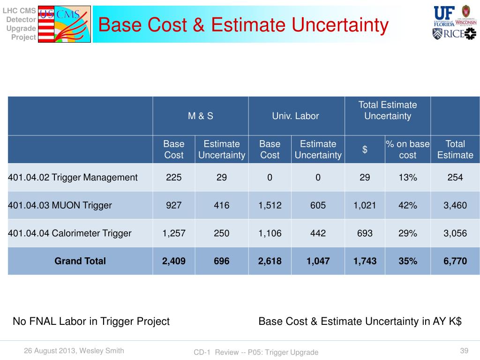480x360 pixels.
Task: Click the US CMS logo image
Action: coord(64,24)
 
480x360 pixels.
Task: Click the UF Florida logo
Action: coord(444,16)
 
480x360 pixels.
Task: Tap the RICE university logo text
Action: coord(454,34)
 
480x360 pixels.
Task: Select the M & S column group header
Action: coord(201,116)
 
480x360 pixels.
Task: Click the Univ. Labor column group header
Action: coord(295,116)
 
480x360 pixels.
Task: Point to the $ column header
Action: coord(365,150)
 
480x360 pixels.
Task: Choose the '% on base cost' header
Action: coord(407,150)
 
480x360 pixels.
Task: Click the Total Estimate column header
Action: coord(455,150)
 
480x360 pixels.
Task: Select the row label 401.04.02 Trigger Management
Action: coord(73,178)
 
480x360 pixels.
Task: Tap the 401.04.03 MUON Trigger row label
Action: coord(60,205)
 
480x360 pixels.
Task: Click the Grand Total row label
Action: coord(80,261)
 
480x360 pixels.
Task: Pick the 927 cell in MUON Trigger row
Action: coord(173,205)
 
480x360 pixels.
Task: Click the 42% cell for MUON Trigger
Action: coord(407,205)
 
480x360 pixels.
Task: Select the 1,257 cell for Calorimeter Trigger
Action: coord(173,233)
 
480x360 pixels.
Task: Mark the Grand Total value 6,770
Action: coord(455,261)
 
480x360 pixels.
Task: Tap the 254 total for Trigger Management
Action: coord(455,178)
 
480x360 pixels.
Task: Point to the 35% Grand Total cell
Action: coord(407,261)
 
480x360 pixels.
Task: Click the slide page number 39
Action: coord(464,351)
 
